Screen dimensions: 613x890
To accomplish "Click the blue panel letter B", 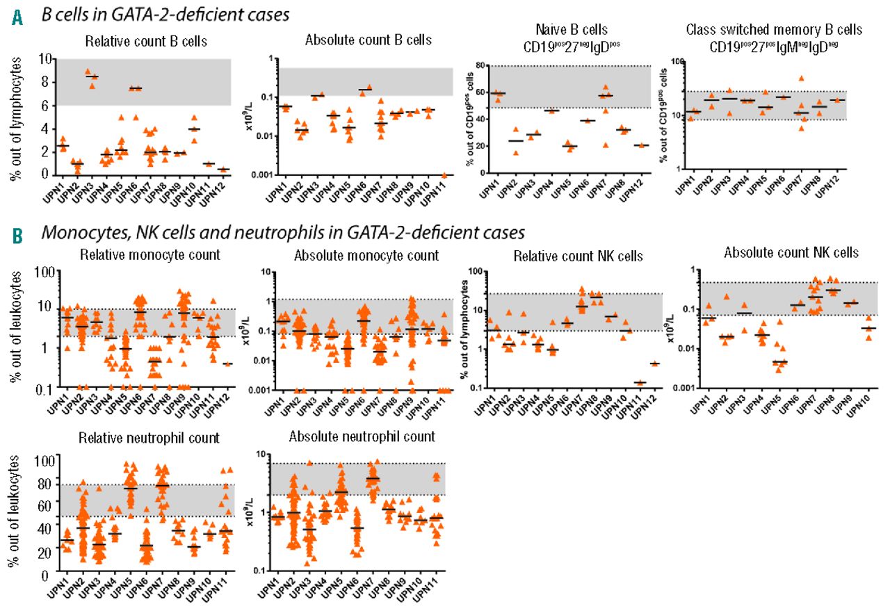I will (x=17, y=234).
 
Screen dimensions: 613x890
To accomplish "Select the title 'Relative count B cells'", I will (x=136, y=41).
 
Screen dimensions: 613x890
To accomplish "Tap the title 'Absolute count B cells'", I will (x=368, y=40).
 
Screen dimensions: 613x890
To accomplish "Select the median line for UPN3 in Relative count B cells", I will (x=91, y=76).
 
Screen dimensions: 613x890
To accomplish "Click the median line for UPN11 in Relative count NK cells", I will (x=640, y=383).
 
